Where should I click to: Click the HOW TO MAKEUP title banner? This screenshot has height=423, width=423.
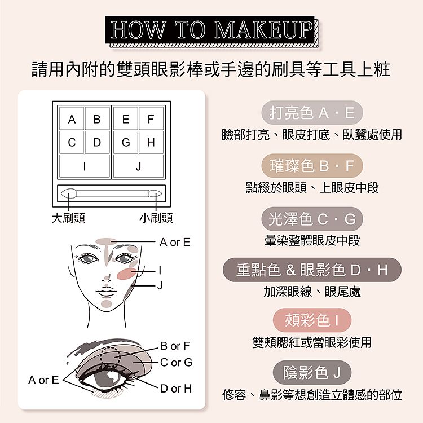click(x=211, y=30)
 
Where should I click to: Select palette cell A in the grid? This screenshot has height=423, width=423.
click(x=72, y=118)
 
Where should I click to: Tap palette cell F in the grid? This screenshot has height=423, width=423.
click(x=151, y=118)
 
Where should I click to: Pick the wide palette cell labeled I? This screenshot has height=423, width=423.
click(x=85, y=166)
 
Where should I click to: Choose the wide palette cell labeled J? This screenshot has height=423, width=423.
click(x=138, y=166)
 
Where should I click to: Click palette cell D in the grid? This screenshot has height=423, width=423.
click(x=97, y=142)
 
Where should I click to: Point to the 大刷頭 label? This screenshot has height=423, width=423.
click(x=68, y=218)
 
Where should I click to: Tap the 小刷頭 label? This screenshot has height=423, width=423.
click(x=156, y=218)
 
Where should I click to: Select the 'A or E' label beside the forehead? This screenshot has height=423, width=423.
click(x=175, y=242)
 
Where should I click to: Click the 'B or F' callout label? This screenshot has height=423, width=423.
click(x=175, y=346)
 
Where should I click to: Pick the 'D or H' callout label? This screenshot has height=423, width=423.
click(x=176, y=389)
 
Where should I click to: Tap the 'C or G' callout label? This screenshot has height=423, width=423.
click(x=176, y=362)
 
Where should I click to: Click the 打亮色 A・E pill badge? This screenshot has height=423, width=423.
click(x=312, y=112)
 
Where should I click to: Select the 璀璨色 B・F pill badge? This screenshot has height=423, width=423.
click(x=312, y=165)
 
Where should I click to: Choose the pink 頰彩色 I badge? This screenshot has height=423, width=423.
click(x=312, y=320)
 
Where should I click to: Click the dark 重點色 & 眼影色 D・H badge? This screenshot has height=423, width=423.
click(x=312, y=270)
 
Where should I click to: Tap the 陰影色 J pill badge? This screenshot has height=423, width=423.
click(x=312, y=373)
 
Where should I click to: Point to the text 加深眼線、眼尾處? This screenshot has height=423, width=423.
click(x=312, y=292)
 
